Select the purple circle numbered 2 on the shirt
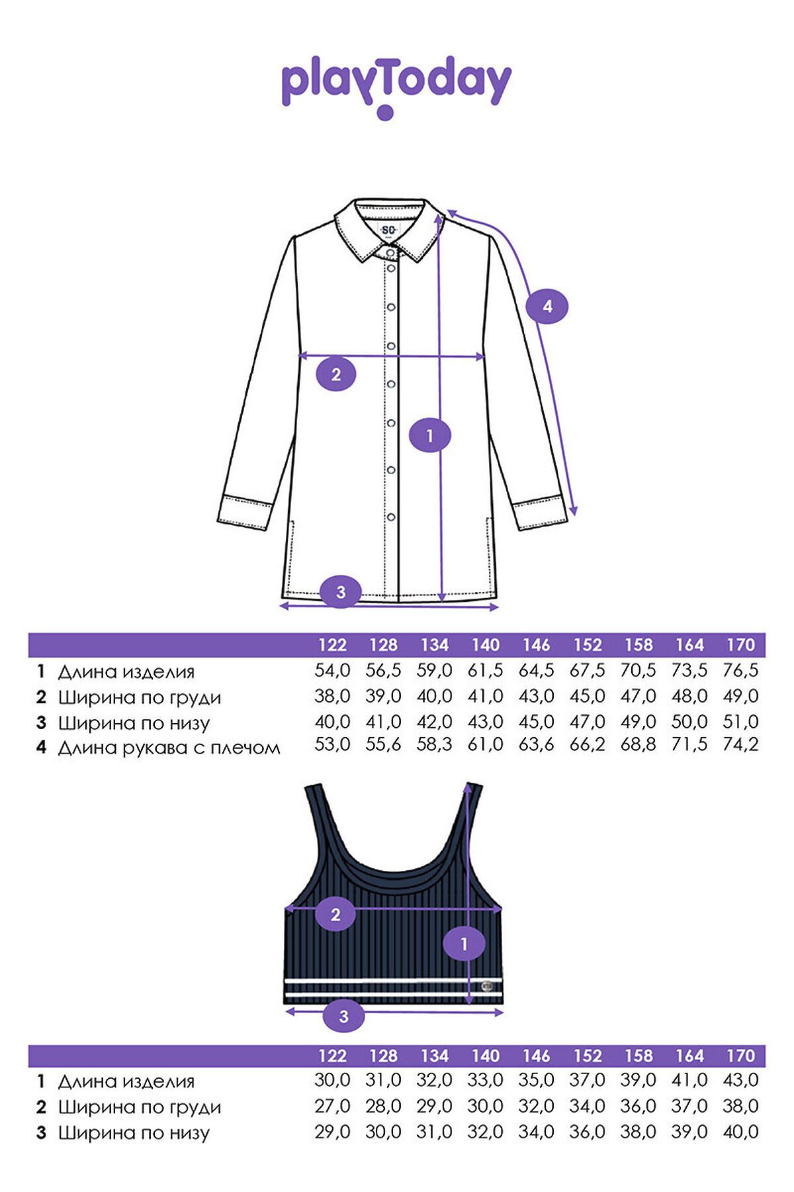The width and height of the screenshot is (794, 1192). [335, 375]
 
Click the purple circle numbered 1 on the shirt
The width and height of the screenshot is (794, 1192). [430, 436]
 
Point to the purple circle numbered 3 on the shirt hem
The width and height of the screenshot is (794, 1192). [341, 591]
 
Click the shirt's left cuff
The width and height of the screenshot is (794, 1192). [245, 510]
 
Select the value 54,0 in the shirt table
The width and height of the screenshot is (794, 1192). [332, 671]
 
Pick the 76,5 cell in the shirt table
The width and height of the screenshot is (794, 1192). [740, 671]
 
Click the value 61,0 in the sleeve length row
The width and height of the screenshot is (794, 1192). [486, 744]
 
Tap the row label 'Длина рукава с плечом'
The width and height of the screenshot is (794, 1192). [169, 748]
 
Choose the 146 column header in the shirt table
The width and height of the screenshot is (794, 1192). [537, 645]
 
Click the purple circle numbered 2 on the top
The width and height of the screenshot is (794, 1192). [335, 915]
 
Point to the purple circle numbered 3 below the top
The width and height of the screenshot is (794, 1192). [343, 1016]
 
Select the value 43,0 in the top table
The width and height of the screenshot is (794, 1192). [740, 1080]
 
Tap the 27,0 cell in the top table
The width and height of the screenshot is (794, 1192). [332, 1106]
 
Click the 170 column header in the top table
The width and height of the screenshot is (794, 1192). [740, 1056]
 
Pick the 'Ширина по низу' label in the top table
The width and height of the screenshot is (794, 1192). [134, 1133]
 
